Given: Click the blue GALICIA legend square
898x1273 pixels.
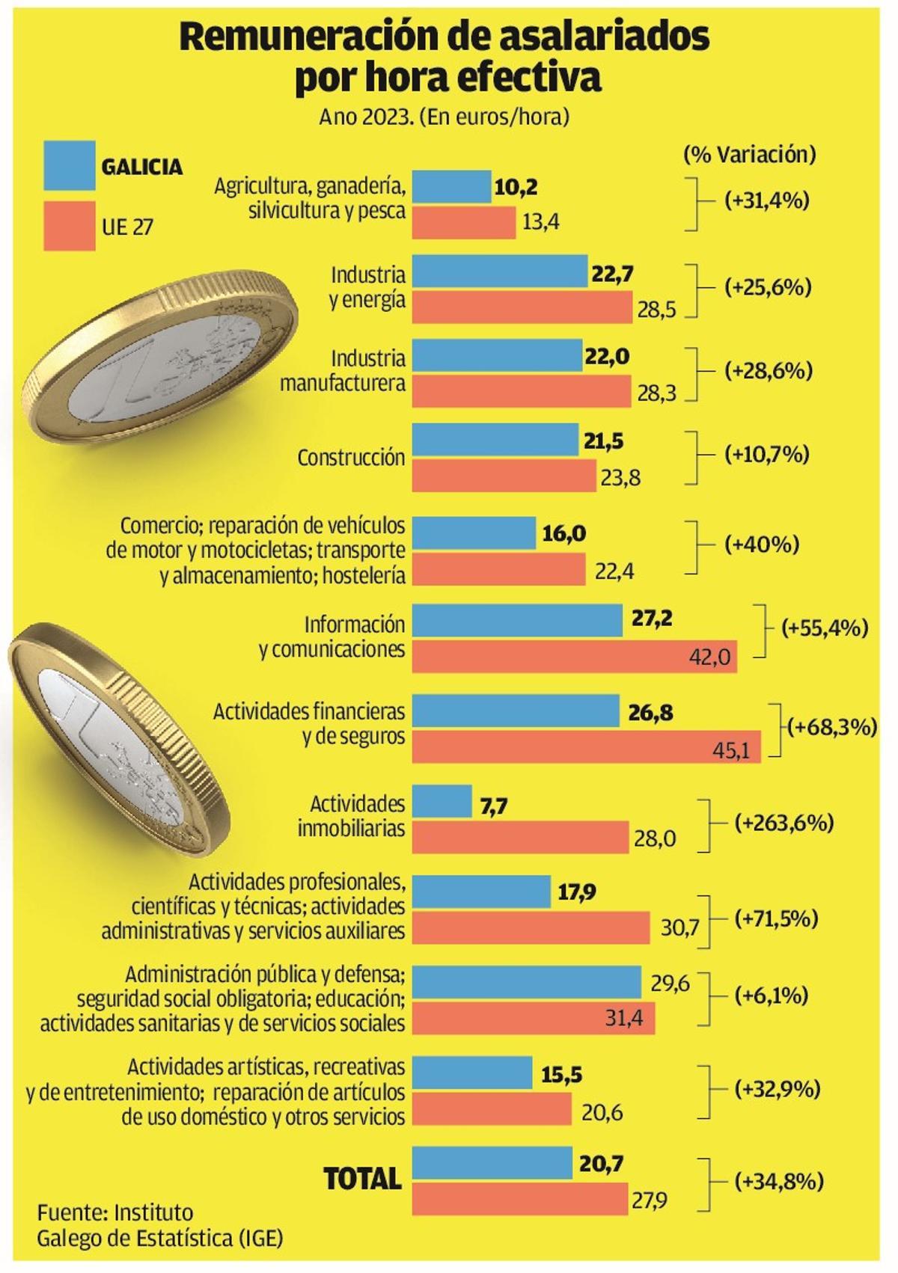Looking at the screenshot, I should (70, 165).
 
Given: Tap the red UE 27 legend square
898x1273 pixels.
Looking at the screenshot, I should (70, 225).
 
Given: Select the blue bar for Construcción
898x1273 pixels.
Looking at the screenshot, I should (495, 441).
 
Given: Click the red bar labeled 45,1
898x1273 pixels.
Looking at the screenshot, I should (586, 747).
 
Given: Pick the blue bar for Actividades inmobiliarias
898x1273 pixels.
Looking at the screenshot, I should (442, 801).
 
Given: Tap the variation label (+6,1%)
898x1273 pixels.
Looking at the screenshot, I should (772, 996).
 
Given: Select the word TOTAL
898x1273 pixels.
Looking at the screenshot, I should (362, 1179).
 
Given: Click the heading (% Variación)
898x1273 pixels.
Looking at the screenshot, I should (749, 155).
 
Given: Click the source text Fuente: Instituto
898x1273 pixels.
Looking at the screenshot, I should (115, 1212).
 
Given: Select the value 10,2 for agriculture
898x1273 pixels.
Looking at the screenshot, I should (516, 187).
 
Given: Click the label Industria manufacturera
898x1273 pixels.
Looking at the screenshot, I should (343, 371).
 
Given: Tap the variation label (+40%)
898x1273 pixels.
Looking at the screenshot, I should (762, 545).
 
